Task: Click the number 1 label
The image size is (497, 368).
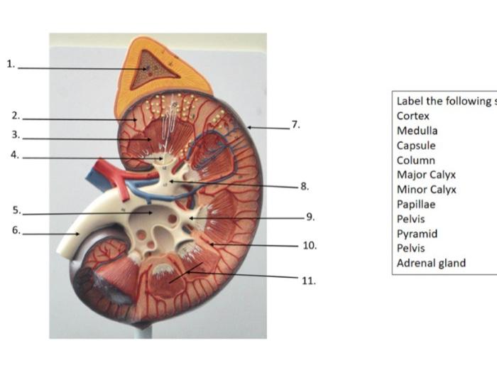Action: tap(10, 64)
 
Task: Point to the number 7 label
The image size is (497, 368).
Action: tap(296, 125)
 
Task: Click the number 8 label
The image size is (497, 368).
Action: tap(305, 186)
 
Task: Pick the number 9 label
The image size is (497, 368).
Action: tap(310, 217)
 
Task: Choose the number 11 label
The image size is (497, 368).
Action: tap(308, 280)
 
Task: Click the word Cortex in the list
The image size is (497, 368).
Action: tap(413, 116)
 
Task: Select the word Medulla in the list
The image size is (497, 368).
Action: tap(417, 131)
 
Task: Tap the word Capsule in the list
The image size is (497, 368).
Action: tap(415, 146)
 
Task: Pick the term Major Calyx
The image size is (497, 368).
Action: tap(426, 175)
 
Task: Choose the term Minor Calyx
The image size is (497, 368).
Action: tap(426, 190)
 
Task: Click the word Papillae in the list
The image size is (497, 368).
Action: tap(416, 205)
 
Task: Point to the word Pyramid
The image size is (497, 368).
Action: tap(417, 234)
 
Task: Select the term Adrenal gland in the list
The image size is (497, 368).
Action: tap(431, 263)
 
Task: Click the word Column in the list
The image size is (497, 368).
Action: tap(415, 161)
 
